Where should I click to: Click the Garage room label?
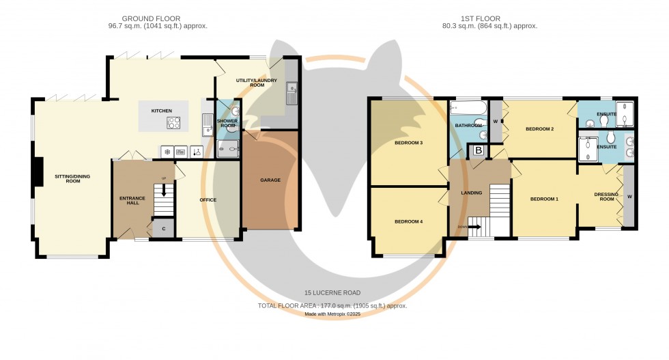point(270,180)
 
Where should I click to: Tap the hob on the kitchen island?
point(173,124)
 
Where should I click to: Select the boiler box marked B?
point(479,150)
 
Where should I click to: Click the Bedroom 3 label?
point(408,143)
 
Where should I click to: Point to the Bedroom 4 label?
point(408,221)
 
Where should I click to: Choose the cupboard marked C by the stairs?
point(163,229)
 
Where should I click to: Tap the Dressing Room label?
point(606,197)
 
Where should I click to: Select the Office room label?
point(208,200)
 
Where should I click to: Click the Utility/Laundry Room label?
point(257,83)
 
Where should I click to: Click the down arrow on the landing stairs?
point(474,227)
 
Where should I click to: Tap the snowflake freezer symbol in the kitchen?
point(167,152)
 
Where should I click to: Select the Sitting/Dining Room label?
point(72,178)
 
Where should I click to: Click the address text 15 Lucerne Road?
point(332,293)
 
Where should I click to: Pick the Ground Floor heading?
point(151,18)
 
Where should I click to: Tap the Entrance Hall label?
point(132,201)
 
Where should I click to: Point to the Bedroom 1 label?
point(544,199)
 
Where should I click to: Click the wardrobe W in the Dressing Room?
point(629,196)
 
